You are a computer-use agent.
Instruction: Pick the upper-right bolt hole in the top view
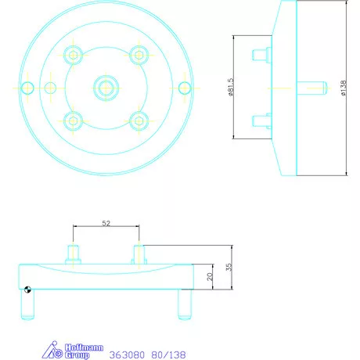[x=139, y=54]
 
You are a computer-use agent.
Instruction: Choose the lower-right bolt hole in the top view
[x=139, y=120]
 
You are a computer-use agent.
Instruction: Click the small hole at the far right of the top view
[x=185, y=87]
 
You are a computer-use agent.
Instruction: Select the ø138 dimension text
[x=344, y=88]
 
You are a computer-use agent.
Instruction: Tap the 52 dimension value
[x=106, y=223]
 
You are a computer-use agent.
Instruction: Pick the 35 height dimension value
[x=228, y=267]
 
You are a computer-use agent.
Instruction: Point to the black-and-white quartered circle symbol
[x=27, y=290]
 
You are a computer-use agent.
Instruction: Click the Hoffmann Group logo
[x=67, y=351]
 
